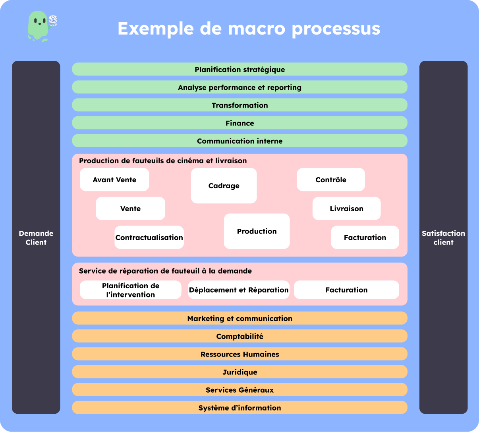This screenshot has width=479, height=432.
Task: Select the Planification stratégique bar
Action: click(x=240, y=69)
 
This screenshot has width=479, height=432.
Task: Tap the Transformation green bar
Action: click(x=240, y=105)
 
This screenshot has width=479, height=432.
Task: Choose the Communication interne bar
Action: click(x=240, y=141)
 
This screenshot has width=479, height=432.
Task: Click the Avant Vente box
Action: click(x=114, y=180)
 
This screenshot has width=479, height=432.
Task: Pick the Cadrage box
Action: click(x=224, y=186)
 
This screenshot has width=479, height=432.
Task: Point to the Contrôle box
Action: click(x=331, y=180)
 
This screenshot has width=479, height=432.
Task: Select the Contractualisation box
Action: click(x=149, y=237)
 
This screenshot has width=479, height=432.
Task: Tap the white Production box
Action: click(x=257, y=231)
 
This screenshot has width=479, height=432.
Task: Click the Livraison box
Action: click(x=346, y=209)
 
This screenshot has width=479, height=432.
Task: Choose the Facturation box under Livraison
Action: click(x=365, y=237)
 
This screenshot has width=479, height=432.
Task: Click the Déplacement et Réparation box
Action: click(x=239, y=290)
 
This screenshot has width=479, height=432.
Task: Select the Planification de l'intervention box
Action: click(x=130, y=290)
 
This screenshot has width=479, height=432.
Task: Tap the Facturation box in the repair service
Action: click(x=346, y=290)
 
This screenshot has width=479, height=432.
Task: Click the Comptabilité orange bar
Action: click(x=240, y=336)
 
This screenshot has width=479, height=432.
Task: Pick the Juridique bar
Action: click(x=240, y=372)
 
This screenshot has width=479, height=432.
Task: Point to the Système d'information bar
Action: click(x=240, y=408)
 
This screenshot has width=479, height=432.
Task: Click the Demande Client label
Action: click(x=36, y=238)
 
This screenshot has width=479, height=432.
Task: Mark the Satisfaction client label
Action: click(x=443, y=238)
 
